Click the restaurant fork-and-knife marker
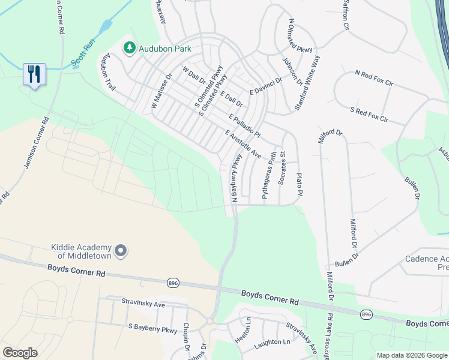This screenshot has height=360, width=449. (x=34, y=74)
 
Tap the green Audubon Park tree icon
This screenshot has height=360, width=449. (x=129, y=48)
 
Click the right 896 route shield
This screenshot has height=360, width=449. (x=366, y=314)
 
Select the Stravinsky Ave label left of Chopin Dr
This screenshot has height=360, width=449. (x=143, y=304)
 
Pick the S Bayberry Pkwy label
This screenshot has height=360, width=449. (x=153, y=329)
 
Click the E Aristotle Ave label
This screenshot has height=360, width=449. (x=243, y=145)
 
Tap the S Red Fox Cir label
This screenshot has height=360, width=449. (x=369, y=115)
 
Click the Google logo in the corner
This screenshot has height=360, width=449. (x=20, y=352)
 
